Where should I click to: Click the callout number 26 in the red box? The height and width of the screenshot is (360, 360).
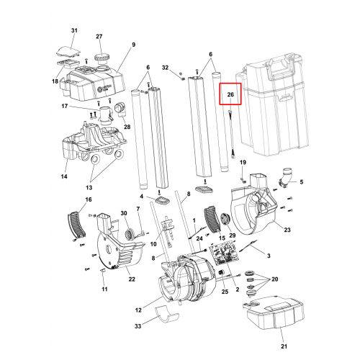(230, 94)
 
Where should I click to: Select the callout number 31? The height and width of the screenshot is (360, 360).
(74, 30)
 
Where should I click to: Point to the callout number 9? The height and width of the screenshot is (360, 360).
(133, 45)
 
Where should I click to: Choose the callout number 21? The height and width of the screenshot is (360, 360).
(284, 346)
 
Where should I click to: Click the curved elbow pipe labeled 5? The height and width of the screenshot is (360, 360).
(285, 178)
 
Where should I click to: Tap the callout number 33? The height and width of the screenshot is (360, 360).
(138, 326)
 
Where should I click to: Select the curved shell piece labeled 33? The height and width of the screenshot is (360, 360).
(166, 315)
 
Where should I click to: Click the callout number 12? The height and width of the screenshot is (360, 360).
(138, 310)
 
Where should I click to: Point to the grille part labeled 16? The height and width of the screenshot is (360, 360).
(76, 224)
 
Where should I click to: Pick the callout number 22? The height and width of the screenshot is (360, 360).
(132, 279)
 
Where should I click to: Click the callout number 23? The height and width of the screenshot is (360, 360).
(287, 230)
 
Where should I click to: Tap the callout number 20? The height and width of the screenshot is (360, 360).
(275, 279)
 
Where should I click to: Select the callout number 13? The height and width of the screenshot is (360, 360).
(89, 187)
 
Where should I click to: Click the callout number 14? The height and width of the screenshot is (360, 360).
(64, 176)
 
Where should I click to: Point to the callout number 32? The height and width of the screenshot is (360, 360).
(165, 68)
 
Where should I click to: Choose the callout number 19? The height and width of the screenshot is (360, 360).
(243, 163)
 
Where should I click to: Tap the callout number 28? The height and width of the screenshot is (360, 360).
(127, 127)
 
